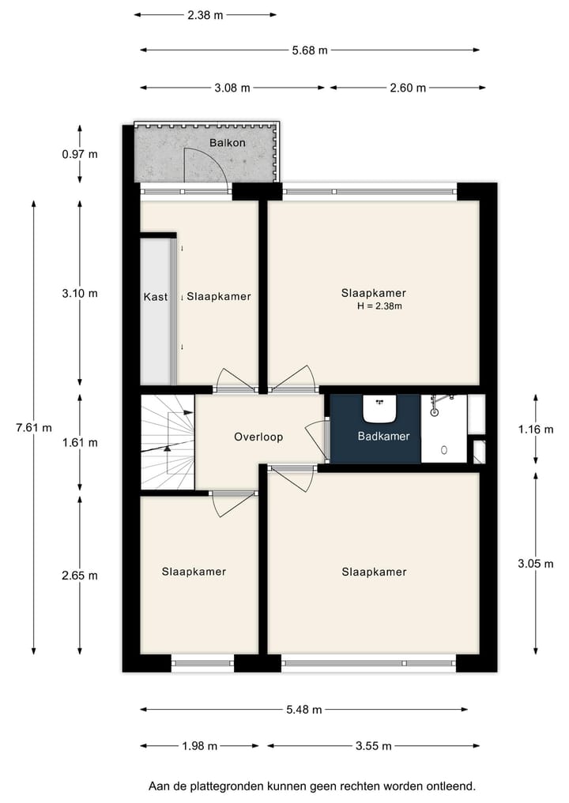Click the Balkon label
pos(228,143)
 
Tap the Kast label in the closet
pos(155,297)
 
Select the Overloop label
pos(258,437)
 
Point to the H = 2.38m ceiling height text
pos(379,306)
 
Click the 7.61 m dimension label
pos(34,428)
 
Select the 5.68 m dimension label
pos(309,50)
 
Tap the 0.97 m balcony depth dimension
pos(80,154)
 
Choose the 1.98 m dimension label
pos(199,745)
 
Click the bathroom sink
pos(379,409)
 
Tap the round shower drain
pos(443,450)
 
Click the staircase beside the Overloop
pos(168,442)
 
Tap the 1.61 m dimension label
pos(80,442)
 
